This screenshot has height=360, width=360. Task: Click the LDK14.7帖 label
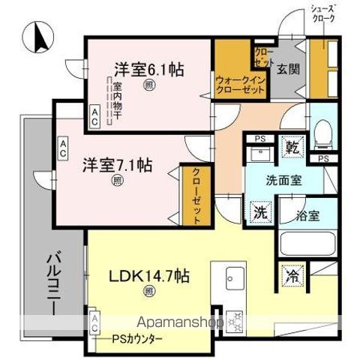pos(150,275)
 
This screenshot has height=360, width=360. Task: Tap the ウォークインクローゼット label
pos(240,83)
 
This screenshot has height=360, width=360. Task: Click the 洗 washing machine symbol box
pos(259,211)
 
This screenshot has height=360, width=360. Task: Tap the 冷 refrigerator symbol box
pos(292,275)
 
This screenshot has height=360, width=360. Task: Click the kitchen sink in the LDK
pos(232,274)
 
